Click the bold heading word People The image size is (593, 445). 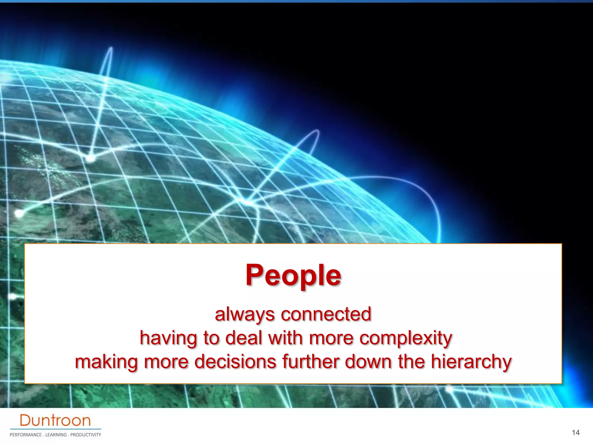[293, 276]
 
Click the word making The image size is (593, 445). [106, 362]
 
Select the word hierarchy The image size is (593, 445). [471, 362]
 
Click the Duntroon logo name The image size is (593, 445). [55, 420]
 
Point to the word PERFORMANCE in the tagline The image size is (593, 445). [26, 435]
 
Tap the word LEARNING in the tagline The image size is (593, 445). [56, 435]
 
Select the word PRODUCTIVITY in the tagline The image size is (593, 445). [86, 435]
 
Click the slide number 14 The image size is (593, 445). [576, 433]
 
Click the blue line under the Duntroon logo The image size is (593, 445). [55, 429]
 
